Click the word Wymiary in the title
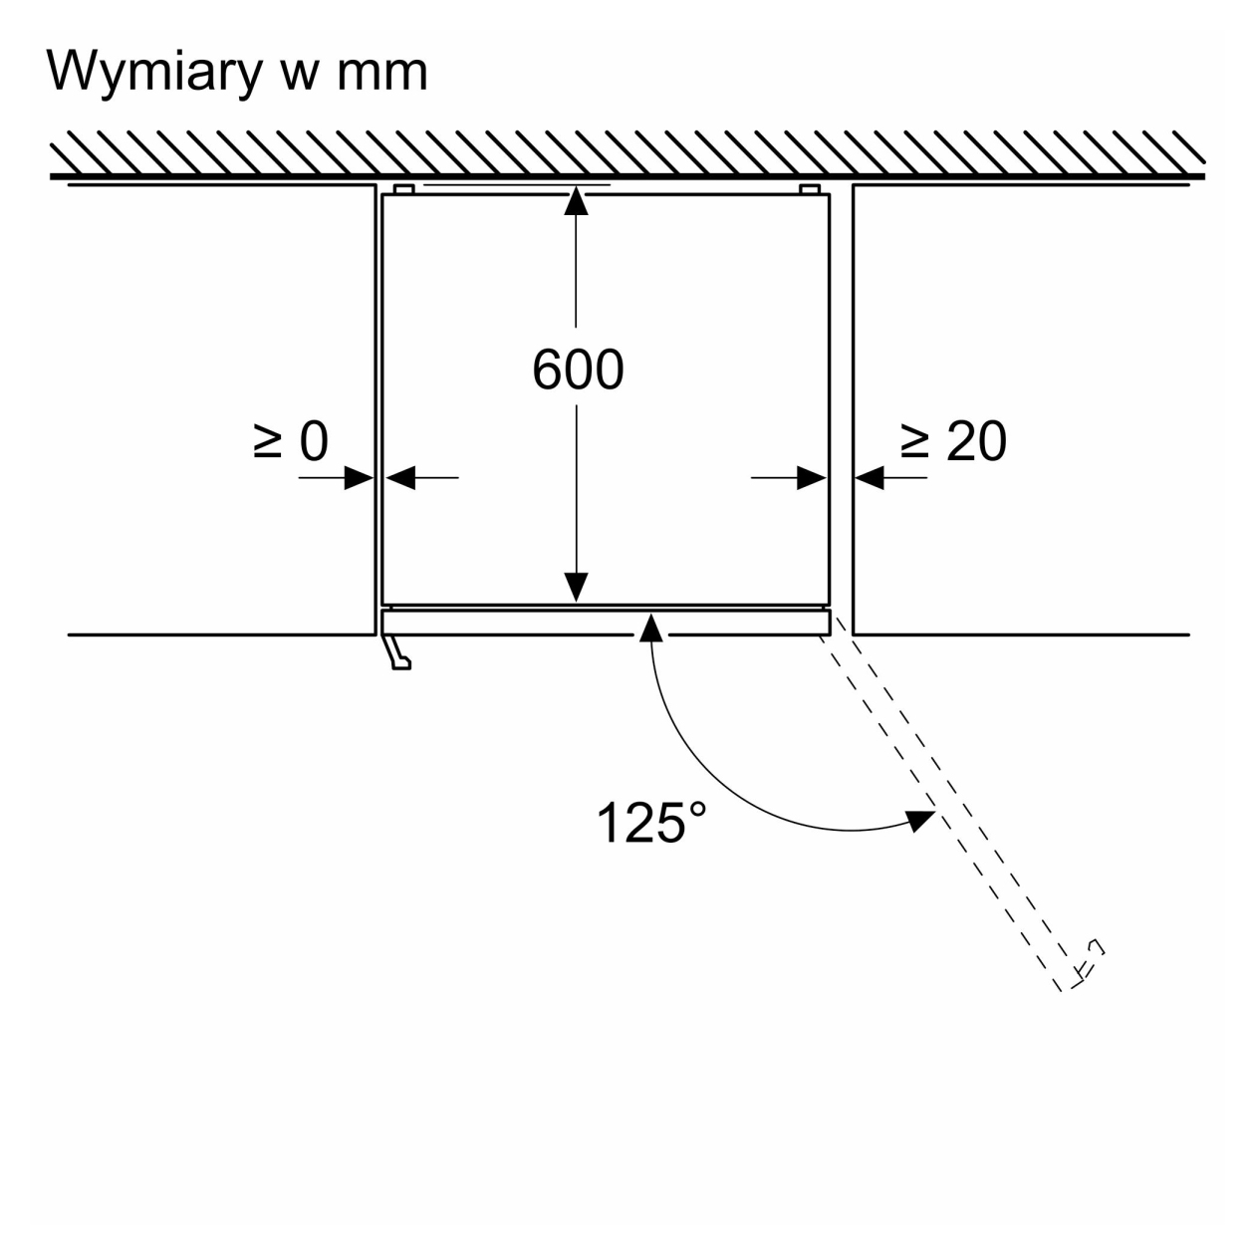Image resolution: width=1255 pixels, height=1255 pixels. pyautogui.click(x=154, y=73)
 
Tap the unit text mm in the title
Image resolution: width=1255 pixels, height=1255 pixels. pyautogui.click(x=381, y=73)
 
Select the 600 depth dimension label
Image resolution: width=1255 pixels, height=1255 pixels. pyautogui.click(x=577, y=370)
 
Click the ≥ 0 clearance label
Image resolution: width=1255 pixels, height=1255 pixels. pyautogui.click(x=291, y=441)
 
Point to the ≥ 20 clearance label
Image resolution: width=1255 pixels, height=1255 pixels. pyautogui.click(x=953, y=441)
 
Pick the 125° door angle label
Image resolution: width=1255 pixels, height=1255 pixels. pyautogui.click(x=650, y=823)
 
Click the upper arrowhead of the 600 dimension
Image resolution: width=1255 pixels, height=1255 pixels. pyautogui.click(x=576, y=200)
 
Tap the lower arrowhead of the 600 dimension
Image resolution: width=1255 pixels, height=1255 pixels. pyautogui.click(x=576, y=588)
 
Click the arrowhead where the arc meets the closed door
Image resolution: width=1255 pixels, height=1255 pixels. pyautogui.click(x=650, y=627)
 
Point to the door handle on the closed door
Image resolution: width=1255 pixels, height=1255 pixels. pyautogui.click(x=396, y=652)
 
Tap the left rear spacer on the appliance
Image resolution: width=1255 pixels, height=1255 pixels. pyautogui.click(x=403, y=189)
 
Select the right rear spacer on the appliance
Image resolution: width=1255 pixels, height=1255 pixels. pyautogui.click(x=810, y=189)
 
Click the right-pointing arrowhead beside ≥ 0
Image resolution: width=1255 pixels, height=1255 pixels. pyautogui.click(x=359, y=478)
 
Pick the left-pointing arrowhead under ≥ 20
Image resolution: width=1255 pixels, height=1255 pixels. pyautogui.click(x=870, y=478)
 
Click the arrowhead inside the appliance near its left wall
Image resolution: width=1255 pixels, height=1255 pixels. pyautogui.click(x=400, y=478)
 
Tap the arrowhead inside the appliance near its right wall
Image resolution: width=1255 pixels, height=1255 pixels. pyautogui.click(x=812, y=478)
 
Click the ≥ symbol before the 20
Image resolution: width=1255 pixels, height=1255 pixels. pyautogui.click(x=915, y=441)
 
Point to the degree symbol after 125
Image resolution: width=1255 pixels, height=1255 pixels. pyautogui.click(x=697, y=810)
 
